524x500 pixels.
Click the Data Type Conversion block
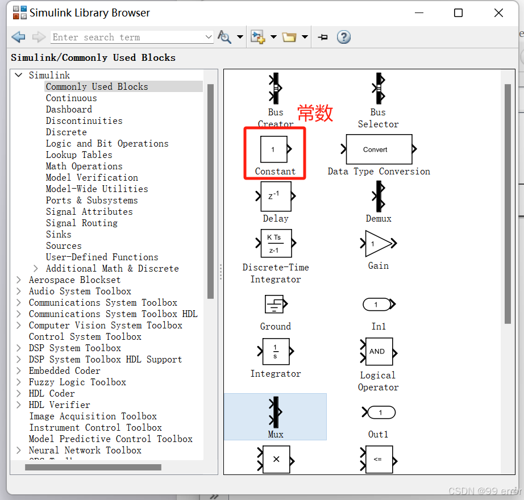pyautogui.click(x=379, y=149)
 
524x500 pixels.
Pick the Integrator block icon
pyautogui.click(x=276, y=351)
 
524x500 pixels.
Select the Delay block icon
pyautogui.click(x=276, y=197)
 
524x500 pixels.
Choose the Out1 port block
pyautogui.click(x=379, y=413)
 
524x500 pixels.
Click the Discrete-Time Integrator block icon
pyautogui.click(x=276, y=243)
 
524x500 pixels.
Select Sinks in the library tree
pyautogui.click(x=59, y=235)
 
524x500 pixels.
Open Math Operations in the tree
pyautogui.click(x=84, y=166)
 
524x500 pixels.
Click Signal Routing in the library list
pyautogui.click(x=82, y=223)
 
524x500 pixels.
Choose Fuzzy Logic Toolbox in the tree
pyautogui.click(x=77, y=382)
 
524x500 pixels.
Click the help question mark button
pyautogui.click(x=343, y=37)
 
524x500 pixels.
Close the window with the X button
pyautogui.click(x=498, y=13)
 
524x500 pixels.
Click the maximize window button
pyautogui.click(x=459, y=13)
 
